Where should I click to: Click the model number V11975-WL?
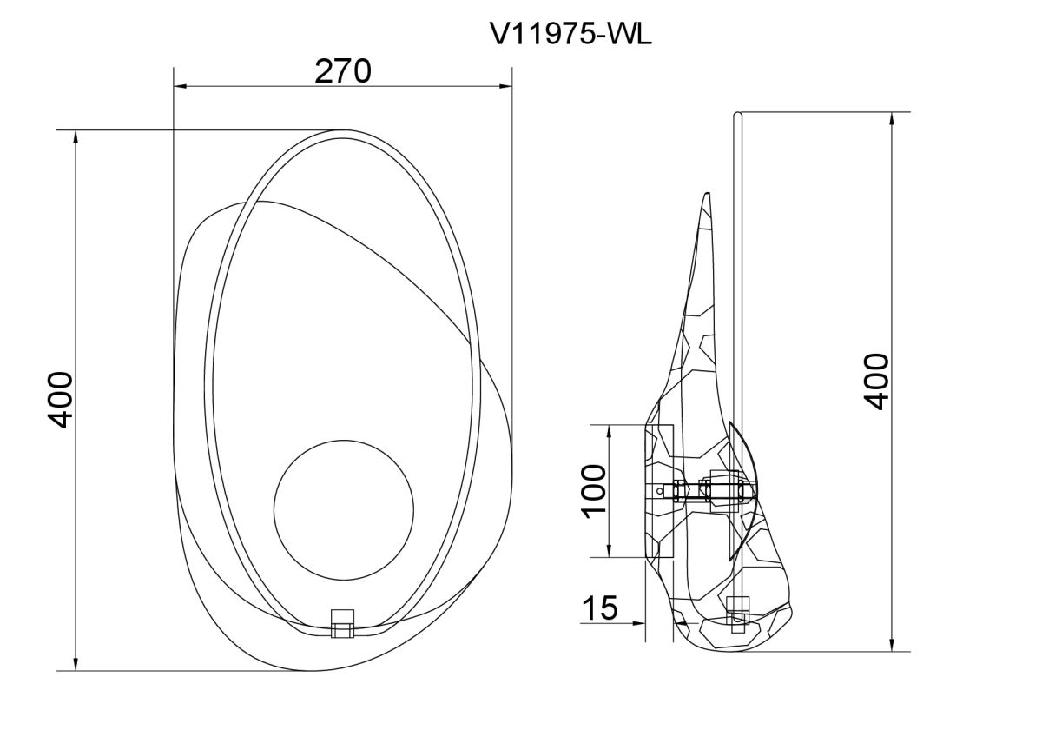pyautogui.click(x=571, y=35)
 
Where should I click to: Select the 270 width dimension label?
pyautogui.click(x=343, y=71)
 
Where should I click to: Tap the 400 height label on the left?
pyautogui.click(x=61, y=400)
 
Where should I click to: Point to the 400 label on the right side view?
pyautogui.click(x=876, y=382)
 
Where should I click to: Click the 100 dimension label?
pyautogui.click(x=594, y=491)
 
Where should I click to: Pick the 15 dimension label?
pyautogui.click(x=600, y=608)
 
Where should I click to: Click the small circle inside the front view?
pyautogui.click(x=344, y=510)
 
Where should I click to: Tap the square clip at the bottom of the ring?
pyautogui.click(x=342, y=623)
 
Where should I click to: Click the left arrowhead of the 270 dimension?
pyautogui.click(x=181, y=86)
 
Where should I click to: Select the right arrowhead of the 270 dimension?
pyautogui.click(x=505, y=86)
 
